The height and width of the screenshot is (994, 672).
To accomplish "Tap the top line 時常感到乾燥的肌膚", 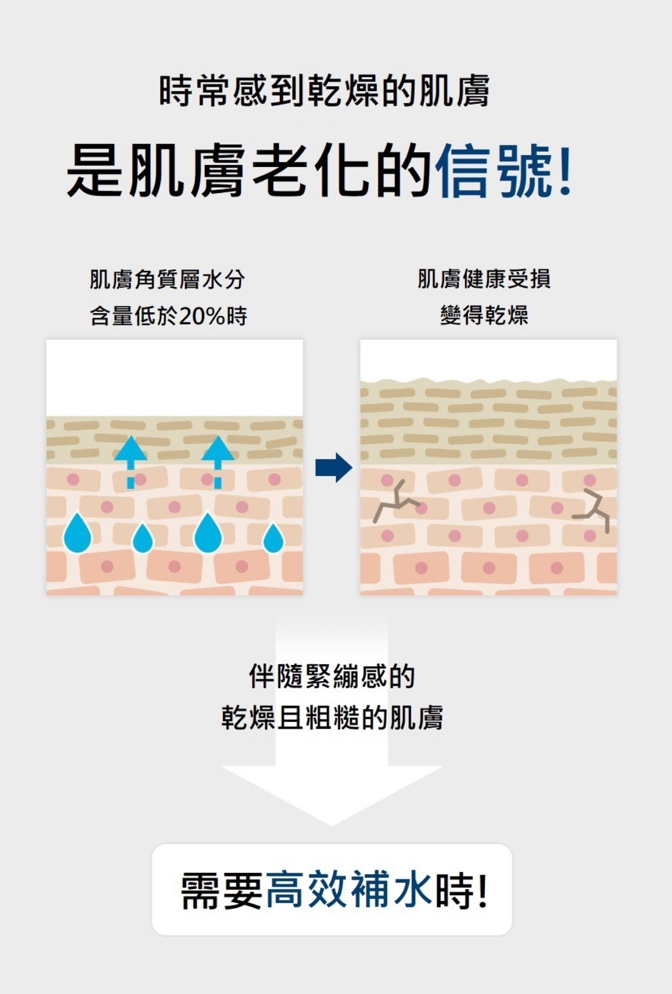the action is (324, 91).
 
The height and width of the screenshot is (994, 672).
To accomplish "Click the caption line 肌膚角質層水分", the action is (167, 280).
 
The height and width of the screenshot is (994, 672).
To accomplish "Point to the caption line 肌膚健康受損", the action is (484, 279).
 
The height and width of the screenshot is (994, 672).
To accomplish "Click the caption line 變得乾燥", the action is (484, 315).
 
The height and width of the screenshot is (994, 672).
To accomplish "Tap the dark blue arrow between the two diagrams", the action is (334, 467).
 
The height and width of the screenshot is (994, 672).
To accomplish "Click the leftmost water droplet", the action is (78, 534).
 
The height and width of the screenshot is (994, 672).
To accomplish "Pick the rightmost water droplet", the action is (273, 539).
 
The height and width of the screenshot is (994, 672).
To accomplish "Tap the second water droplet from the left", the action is (142, 539).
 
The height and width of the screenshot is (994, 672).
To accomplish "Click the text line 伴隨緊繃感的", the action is (331, 676).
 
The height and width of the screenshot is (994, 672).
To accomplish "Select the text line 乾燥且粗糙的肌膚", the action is (332, 718).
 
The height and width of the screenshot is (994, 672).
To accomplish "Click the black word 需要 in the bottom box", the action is (222, 889).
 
